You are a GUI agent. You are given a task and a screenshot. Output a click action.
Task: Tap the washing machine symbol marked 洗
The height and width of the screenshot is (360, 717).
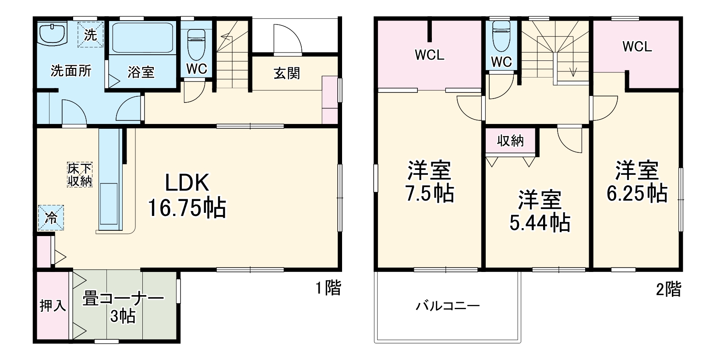[x=90, y=35]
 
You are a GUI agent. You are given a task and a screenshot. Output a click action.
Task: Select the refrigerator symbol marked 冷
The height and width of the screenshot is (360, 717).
[x=51, y=218]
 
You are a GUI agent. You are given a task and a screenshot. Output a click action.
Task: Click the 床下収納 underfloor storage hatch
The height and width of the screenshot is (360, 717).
[x=80, y=175]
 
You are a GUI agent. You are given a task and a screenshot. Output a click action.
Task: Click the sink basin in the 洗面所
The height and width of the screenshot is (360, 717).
[x=52, y=33]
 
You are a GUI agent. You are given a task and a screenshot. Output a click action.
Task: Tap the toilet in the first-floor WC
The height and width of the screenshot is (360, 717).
[x=196, y=42]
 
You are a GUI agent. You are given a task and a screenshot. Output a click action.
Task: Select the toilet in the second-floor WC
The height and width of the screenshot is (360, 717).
[x=502, y=35]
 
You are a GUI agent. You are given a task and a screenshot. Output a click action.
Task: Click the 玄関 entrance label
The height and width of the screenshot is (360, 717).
[x=287, y=73]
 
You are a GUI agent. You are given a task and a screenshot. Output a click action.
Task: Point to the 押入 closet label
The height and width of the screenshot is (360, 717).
[x=53, y=306]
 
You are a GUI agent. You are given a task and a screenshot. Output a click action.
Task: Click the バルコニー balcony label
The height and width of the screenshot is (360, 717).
[x=448, y=305]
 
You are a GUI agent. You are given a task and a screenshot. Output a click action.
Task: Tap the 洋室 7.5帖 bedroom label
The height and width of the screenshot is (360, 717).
[x=430, y=182]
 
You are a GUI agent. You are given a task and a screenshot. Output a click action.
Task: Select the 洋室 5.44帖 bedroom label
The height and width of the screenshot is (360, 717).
[x=540, y=211]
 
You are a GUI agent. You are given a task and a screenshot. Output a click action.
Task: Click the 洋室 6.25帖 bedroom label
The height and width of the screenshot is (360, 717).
[x=637, y=181]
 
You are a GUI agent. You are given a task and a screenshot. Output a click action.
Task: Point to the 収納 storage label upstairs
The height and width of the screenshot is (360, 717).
[x=510, y=141]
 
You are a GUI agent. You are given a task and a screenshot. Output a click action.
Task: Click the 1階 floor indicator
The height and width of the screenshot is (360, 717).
[x=328, y=288]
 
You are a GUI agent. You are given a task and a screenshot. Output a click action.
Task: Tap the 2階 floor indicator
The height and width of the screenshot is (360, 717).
[x=668, y=289]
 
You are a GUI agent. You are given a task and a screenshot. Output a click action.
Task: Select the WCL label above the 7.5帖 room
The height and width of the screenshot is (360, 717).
[x=430, y=55]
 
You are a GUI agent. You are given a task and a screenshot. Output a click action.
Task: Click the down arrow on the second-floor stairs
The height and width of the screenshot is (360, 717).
[x=572, y=71]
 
